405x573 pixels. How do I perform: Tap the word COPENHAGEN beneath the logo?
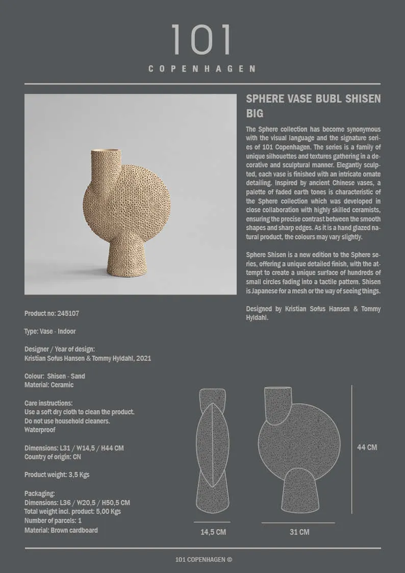point(202,68)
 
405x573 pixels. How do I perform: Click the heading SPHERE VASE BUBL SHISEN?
point(313,98)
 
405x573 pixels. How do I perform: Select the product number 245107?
point(67,313)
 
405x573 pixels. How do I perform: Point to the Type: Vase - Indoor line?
point(50,331)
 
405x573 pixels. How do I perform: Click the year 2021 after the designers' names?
point(143,358)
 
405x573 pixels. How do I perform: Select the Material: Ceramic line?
point(49,385)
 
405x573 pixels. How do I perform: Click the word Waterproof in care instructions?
point(40,430)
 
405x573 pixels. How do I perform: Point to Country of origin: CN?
point(53,457)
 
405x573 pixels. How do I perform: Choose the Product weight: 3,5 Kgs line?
point(57,475)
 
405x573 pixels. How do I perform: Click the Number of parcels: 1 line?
point(53,520)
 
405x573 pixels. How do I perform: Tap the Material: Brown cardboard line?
point(61,530)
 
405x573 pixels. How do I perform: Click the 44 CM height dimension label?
point(367,447)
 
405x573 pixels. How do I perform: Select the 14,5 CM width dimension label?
point(213,532)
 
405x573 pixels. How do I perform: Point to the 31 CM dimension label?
point(299,532)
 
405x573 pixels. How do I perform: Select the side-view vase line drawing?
point(212,452)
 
